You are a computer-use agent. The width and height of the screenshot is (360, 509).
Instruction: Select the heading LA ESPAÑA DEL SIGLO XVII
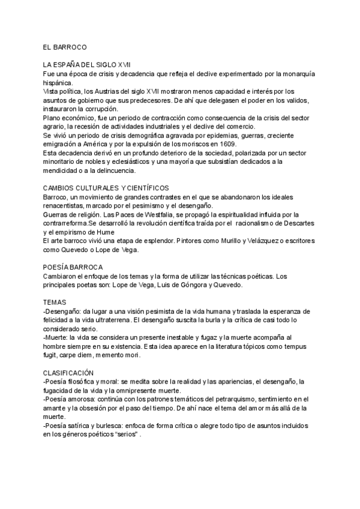point(87,64)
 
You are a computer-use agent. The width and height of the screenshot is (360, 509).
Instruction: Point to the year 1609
point(225,145)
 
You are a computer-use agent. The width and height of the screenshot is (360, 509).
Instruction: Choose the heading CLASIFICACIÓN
point(69,373)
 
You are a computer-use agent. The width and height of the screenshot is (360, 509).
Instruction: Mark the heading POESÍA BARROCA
point(73,267)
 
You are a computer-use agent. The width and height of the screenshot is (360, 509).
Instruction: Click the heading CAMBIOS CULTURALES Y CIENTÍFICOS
point(106,188)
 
